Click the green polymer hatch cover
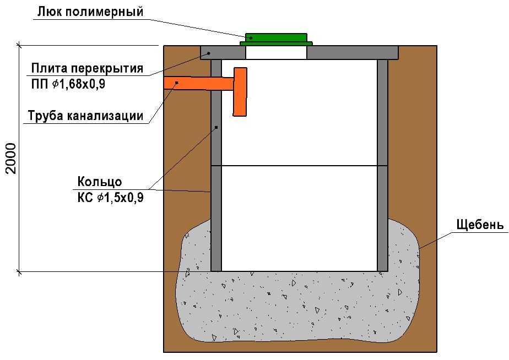276,39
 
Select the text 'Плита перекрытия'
87,69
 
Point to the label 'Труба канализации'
86,116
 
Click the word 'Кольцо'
100,182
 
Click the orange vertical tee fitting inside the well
240,92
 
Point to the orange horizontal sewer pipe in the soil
187,83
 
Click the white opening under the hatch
276,52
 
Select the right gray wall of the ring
382,165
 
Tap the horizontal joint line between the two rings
299,165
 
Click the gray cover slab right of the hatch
353,53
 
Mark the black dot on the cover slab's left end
209,53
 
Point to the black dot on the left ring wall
216,127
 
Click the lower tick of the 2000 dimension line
20,271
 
